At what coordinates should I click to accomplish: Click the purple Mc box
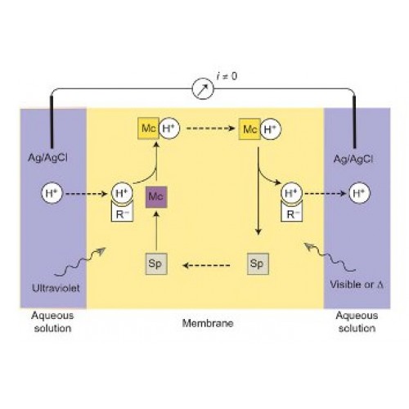point(156,197)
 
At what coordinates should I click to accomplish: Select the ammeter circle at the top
point(203,88)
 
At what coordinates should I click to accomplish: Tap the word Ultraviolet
point(56,288)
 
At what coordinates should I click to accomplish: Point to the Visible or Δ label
point(357,285)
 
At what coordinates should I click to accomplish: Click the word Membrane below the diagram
point(208,323)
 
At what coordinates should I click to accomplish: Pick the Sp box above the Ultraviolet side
point(156,264)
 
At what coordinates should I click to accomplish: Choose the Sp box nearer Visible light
point(258,264)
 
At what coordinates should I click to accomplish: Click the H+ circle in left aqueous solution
point(52,193)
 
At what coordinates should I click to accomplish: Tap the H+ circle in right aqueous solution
point(360,193)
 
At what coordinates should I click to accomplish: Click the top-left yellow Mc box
point(148,128)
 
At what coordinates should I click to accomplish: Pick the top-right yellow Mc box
point(249,128)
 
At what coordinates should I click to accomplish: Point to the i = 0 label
point(227,76)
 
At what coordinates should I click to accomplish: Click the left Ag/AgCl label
point(48,158)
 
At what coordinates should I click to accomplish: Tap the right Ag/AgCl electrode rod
point(354,122)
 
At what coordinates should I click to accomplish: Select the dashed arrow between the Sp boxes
point(206,265)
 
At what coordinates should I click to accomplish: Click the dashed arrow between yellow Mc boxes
point(210,128)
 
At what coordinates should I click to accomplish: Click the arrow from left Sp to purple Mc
point(156,231)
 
